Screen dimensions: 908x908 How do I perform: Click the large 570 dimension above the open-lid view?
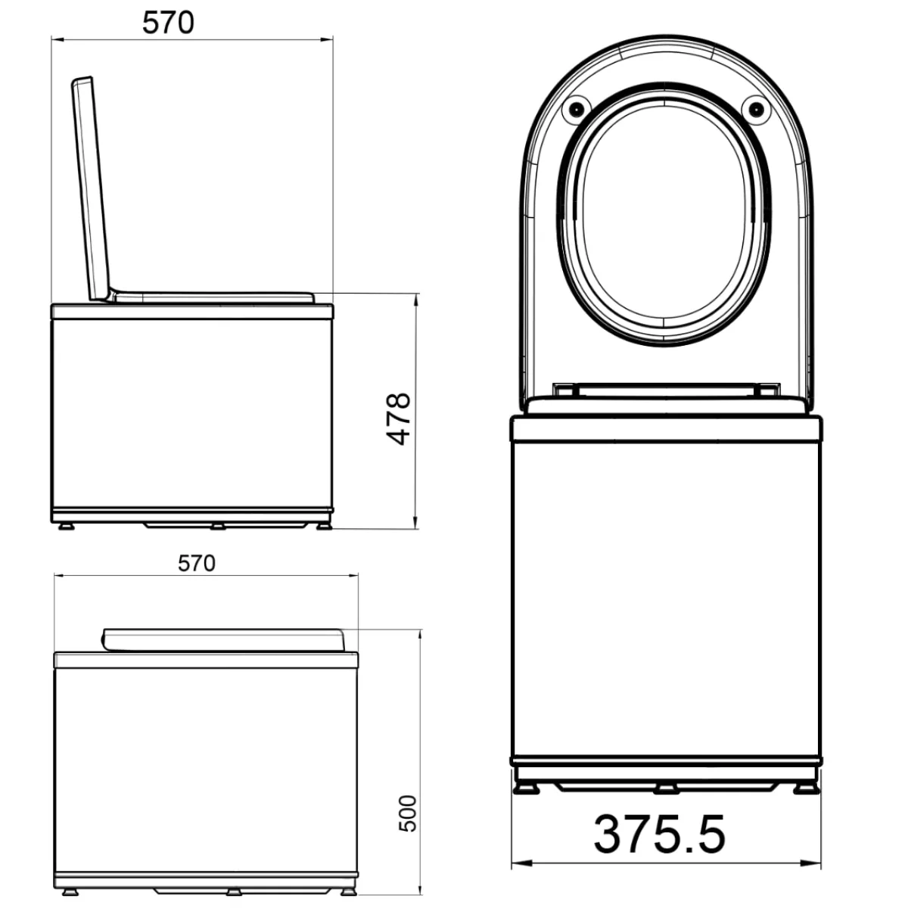point(168,23)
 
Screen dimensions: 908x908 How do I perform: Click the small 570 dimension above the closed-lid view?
point(197,563)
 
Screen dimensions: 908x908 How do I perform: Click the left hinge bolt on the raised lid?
point(576,109)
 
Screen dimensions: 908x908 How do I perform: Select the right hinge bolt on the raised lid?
point(756,109)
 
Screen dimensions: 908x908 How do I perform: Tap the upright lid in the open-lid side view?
point(91,188)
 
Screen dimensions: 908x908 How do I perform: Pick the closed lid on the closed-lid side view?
point(223,640)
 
